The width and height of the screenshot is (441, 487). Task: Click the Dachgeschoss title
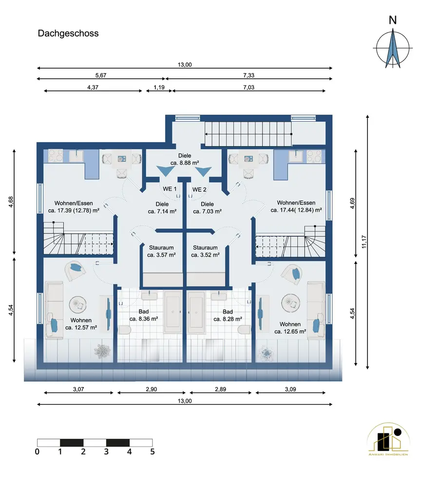pyautogui.click(x=68, y=34)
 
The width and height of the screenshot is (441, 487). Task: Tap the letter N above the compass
pyautogui.click(x=393, y=20)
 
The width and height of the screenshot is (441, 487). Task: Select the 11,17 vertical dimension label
pyautogui.click(x=364, y=242)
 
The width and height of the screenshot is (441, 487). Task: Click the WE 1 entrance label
pyautogui.click(x=170, y=189)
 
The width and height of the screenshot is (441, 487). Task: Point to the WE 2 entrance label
pyautogui.click(x=199, y=189)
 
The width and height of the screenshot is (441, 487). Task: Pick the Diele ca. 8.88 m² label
pyautogui.click(x=185, y=159)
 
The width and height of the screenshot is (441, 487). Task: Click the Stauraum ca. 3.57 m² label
pyautogui.click(x=161, y=251)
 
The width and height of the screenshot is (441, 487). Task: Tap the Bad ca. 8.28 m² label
pyautogui.click(x=228, y=315)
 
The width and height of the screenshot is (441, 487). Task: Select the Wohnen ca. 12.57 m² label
pyautogui.click(x=81, y=324)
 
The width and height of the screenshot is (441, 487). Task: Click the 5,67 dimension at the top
pyautogui.click(x=101, y=75)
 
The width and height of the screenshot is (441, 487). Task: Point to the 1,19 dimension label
pyautogui.click(x=159, y=87)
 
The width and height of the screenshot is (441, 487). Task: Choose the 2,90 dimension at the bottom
pyautogui.click(x=152, y=389)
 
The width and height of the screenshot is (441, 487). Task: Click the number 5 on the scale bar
pyautogui.click(x=153, y=451)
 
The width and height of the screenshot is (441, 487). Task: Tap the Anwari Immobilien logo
pyautogui.click(x=388, y=439)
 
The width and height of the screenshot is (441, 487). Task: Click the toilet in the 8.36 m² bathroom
pyautogui.click(x=125, y=330)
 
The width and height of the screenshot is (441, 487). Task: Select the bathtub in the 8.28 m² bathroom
pyautogui.click(x=196, y=312)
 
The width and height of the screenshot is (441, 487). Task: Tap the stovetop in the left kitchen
pyautogui.click(x=56, y=156)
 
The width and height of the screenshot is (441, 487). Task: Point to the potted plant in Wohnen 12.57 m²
pyautogui.click(x=102, y=351)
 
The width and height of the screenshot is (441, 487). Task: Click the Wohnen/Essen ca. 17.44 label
pyautogui.click(x=296, y=206)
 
